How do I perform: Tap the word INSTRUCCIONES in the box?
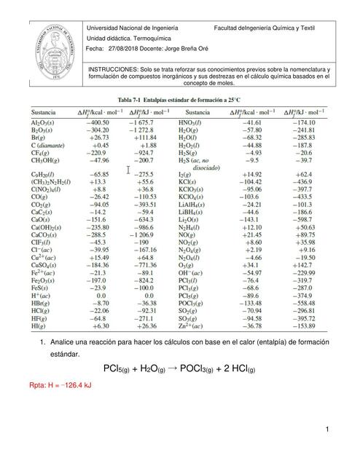pos(114,69)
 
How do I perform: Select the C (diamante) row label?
pos(50,144)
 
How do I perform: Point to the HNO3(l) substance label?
pos(197,124)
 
